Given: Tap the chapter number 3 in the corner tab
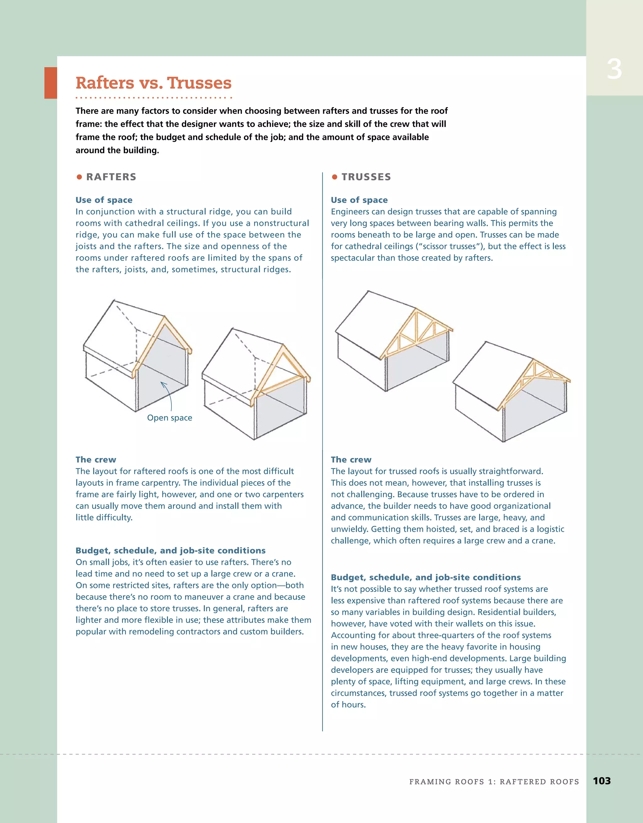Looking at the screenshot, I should point(614,70).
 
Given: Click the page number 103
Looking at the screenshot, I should point(602,781).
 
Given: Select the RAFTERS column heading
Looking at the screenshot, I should point(111,177).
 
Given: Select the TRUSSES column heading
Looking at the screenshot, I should point(366,177).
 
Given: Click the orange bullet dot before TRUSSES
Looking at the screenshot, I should point(334,177).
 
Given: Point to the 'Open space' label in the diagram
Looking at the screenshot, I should point(170,417).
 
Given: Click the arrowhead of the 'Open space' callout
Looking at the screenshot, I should point(162,383).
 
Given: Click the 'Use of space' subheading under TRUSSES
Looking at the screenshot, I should point(359,200).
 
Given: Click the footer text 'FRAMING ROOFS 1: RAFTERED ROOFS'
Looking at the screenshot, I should point(494,782).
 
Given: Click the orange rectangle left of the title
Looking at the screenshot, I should point(51,83).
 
